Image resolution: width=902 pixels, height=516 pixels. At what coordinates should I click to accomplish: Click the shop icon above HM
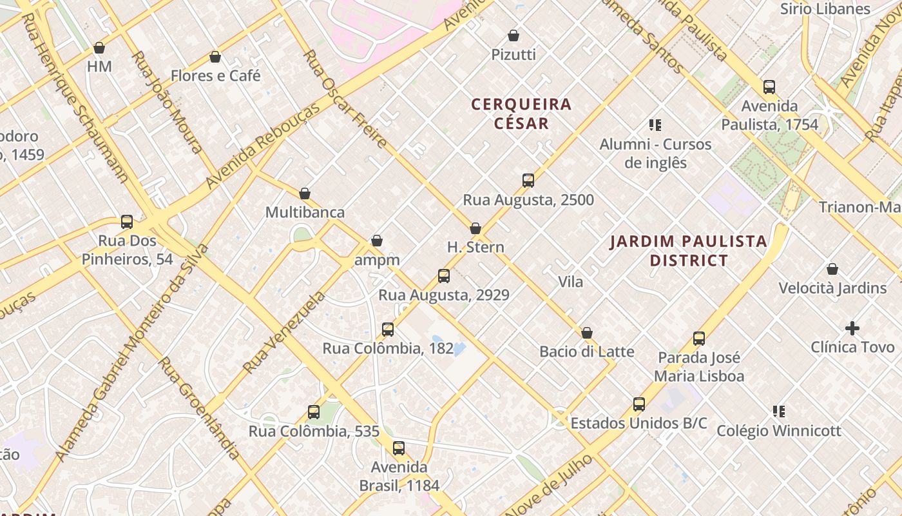pos(99,48)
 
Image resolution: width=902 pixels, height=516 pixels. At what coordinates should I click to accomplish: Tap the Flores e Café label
pos(215,76)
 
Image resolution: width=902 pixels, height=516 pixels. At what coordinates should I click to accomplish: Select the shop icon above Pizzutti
pos(513,35)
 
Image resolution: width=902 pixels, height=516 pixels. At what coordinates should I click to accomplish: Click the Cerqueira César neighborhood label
pos(521,114)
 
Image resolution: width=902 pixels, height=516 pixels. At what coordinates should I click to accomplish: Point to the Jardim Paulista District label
pos(688,251)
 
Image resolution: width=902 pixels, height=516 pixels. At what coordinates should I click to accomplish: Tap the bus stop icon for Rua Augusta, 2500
pos(528,181)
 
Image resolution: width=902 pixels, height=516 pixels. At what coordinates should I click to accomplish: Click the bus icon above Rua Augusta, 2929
pos(444,276)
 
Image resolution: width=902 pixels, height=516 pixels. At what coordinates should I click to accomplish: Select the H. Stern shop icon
pos(475,228)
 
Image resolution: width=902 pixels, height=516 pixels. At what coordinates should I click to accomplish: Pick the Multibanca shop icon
pos(305,193)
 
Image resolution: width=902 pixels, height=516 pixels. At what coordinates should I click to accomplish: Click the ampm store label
pos(377,260)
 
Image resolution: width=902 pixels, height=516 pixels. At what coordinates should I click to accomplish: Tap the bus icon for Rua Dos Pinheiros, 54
pos(127,222)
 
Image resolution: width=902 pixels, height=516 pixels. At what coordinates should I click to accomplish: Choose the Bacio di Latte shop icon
pos(587,333)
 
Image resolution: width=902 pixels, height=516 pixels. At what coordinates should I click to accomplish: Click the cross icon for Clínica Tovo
pos(852,328)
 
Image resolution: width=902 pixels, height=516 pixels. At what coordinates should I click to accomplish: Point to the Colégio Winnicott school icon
pos(779,411)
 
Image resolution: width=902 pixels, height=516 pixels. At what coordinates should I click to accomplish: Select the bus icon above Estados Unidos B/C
pos(639,404)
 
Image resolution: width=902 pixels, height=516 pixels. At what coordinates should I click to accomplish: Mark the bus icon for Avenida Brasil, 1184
pos(399,448)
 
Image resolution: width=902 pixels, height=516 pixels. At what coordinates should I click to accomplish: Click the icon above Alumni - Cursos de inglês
pos(655,125)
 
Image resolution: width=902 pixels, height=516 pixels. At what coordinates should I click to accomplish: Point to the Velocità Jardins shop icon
pos(832,269)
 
